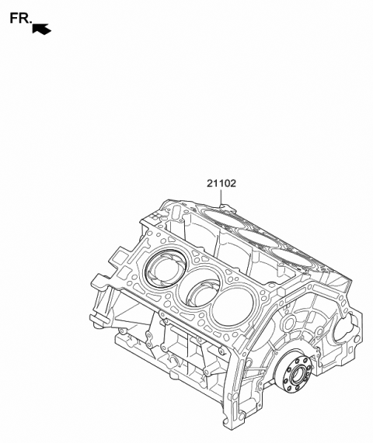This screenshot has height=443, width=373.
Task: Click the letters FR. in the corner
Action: [20, 18]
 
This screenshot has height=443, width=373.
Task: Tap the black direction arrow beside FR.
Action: [42, 29]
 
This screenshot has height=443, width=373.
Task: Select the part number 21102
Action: [221, 184]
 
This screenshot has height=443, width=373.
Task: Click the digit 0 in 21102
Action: [226, 184]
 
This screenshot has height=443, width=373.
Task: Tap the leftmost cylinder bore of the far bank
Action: [218, 216]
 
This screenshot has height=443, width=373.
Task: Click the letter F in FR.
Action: [14, 18]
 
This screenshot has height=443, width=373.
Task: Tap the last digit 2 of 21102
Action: [233, 184]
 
